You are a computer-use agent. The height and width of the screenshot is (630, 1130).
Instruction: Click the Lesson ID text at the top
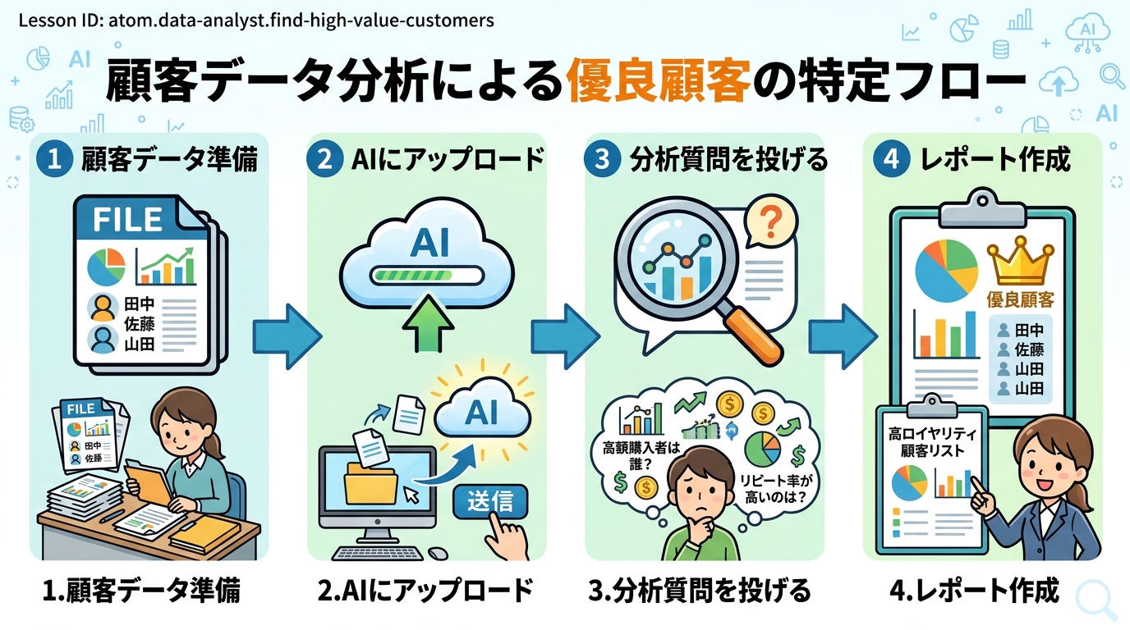click(255, 19)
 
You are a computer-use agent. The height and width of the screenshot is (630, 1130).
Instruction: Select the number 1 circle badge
click(56, 159)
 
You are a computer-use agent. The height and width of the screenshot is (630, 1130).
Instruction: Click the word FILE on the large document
click(127, 220)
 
